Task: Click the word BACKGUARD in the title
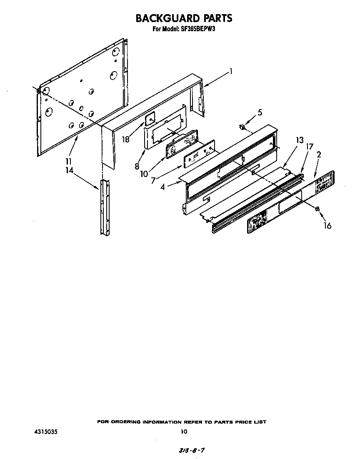160,18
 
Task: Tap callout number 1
230,72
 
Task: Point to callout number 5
260,112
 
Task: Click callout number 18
126,139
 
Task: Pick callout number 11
69,162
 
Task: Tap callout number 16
327,226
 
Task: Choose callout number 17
310,147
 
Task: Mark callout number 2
318,155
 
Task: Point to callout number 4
163,187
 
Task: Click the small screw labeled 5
241,127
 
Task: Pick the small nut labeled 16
317,209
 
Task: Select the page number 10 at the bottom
184,432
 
